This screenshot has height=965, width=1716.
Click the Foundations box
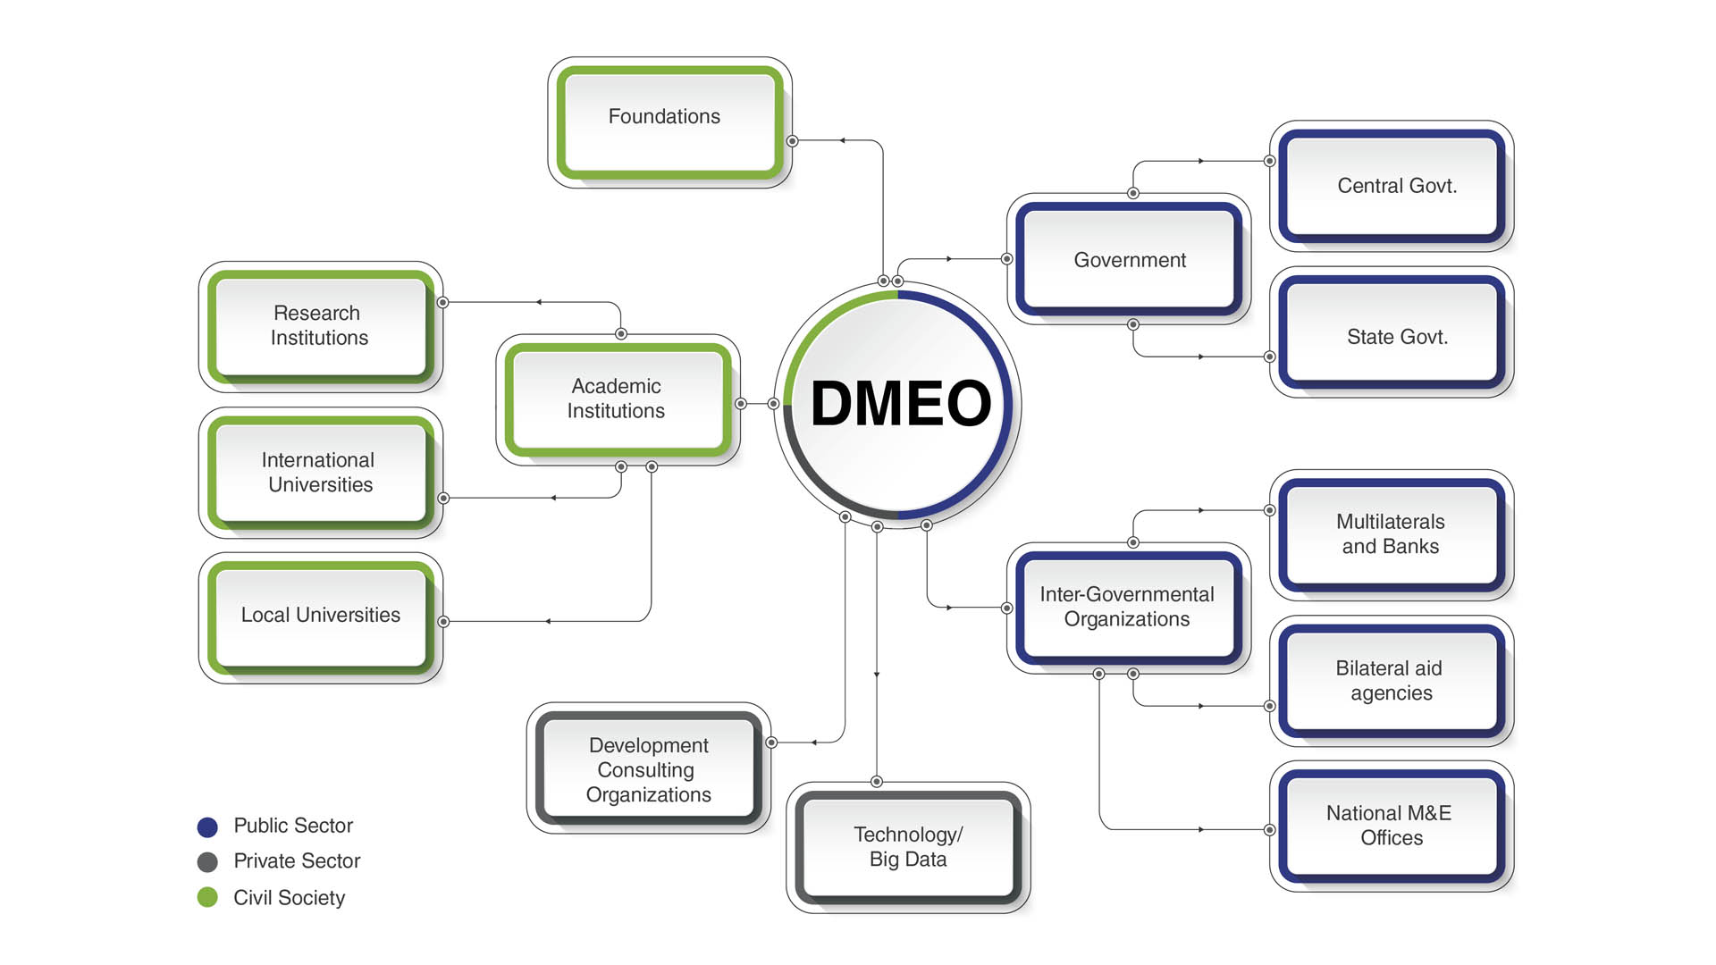669,122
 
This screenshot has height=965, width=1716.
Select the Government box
1129,260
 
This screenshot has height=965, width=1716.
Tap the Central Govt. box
1392,186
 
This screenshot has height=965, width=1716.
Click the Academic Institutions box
618,399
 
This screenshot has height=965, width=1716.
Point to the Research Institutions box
320,326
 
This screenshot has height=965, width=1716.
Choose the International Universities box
320,473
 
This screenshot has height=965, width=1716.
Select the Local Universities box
320,616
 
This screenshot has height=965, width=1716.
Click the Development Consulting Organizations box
649,769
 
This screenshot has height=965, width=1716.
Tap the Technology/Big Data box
908,846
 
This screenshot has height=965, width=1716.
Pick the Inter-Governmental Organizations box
1128,607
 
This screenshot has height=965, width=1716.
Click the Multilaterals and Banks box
1392,534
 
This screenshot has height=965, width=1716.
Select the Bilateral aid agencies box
1392,681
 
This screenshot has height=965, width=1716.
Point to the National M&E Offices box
1392,826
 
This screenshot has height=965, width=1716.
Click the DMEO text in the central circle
901,403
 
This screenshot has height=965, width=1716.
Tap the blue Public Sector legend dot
207,827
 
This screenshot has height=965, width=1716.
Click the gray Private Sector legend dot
207,861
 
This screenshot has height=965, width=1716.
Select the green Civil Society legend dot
207,897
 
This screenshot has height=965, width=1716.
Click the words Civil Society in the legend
289,897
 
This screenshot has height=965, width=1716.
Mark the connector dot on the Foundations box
792,141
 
